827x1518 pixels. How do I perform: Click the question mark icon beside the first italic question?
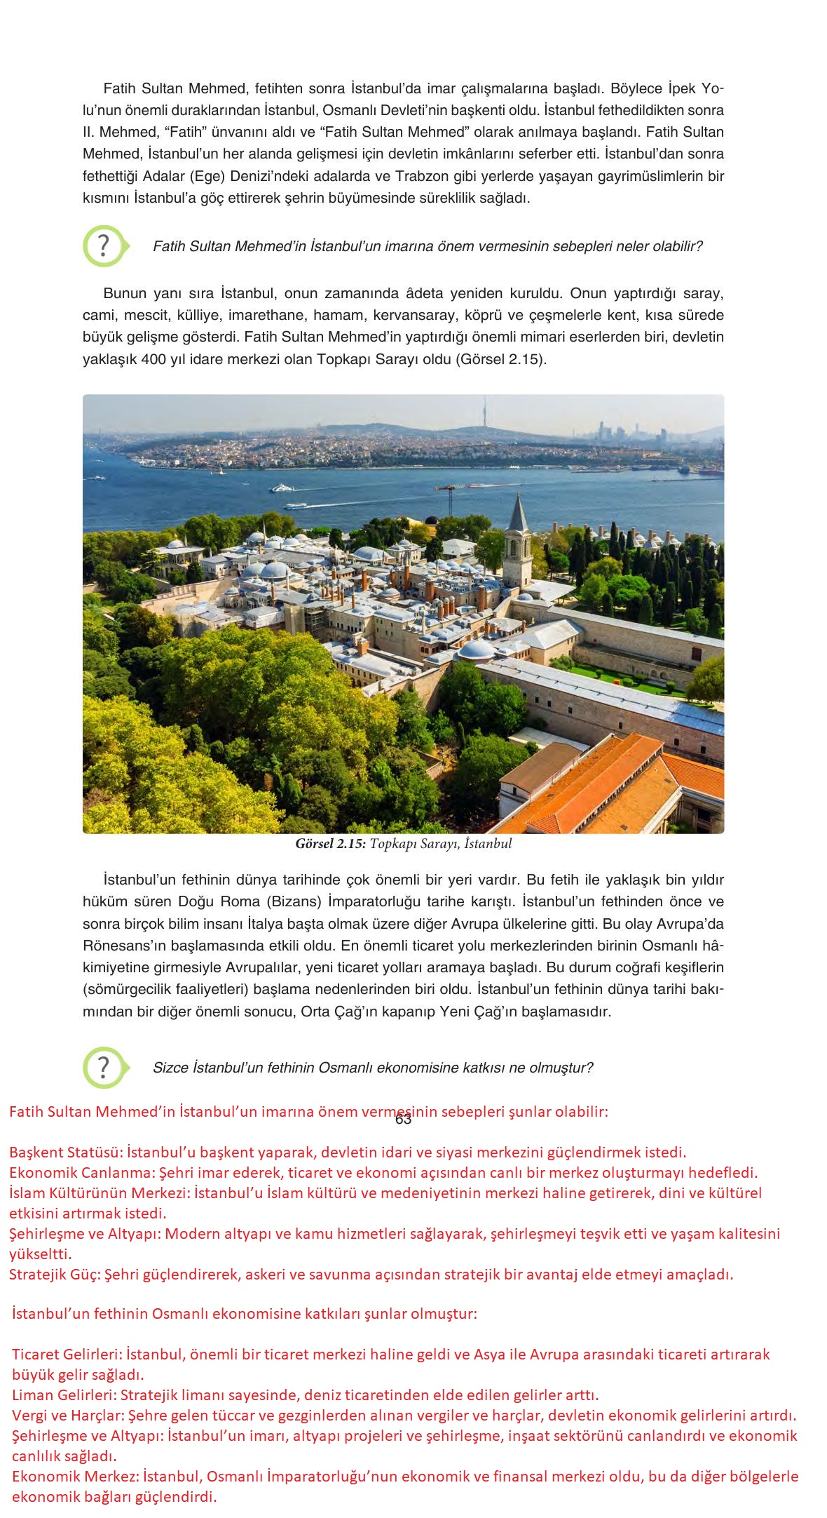point(104,246)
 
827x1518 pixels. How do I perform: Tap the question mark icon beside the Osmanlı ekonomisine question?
point(104,1067)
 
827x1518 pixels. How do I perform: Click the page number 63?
point(403,1120)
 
